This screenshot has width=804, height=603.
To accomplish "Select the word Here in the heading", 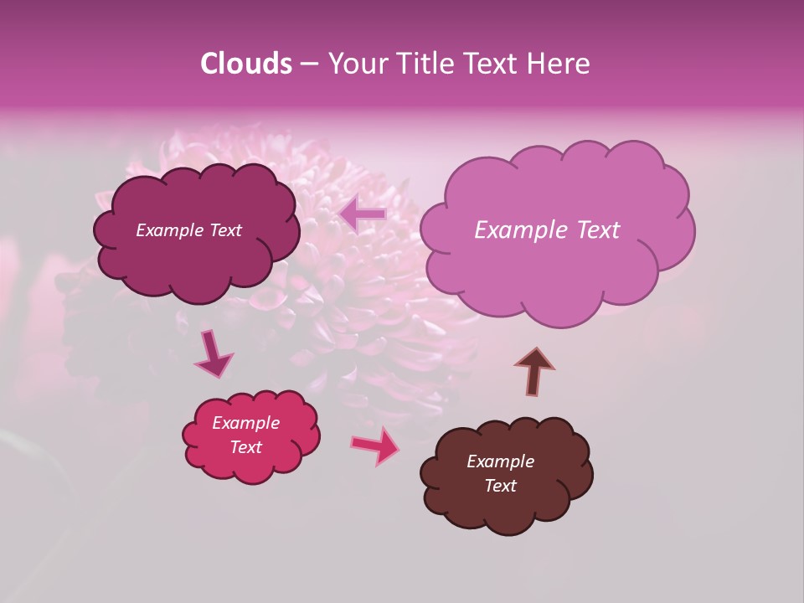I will (558, 64).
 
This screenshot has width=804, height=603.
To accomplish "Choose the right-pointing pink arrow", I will (375, 446).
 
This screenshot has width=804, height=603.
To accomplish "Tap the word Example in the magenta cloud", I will (170, 230).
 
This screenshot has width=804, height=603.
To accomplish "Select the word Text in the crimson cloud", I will (246, 447).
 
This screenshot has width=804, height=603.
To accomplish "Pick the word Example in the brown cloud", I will (500, 461).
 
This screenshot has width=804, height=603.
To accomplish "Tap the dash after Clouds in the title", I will (309, 64).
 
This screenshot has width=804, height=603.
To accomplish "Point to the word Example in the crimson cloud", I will (246, 423).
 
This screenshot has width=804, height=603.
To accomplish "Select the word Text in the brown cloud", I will (500, 486).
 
